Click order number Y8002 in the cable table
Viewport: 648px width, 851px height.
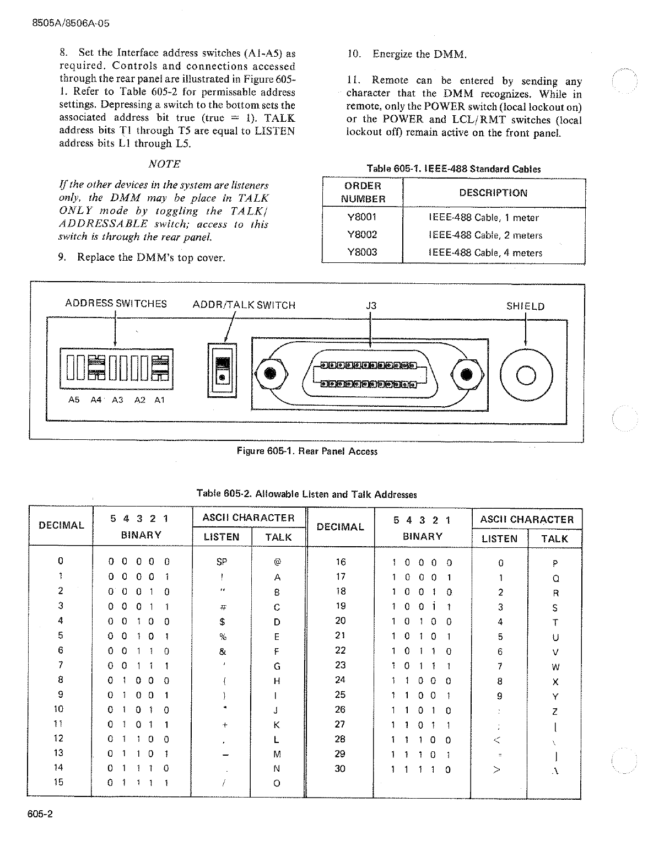[362, 235]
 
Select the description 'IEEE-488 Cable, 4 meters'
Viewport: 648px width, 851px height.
[485, 253]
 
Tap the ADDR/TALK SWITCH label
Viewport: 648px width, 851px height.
[244, 305]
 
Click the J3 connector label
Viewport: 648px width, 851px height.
[371, 306]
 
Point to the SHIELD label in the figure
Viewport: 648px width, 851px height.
[525, 306]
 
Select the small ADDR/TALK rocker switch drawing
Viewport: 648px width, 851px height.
[222, 369]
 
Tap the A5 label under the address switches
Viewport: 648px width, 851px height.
[74, 400]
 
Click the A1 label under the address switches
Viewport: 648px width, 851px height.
[159, 400]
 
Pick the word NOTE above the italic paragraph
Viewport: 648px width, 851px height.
[164, 164]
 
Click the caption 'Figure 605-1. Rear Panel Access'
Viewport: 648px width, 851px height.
[307, 451]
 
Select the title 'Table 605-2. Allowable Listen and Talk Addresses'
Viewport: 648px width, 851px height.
[306, 494]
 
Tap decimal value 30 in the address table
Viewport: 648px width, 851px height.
[340, 768]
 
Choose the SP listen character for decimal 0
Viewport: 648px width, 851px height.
[222, 562]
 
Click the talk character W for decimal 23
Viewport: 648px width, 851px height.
[555, 667]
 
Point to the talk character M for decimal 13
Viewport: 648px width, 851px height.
[277, 754]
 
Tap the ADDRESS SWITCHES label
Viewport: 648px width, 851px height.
[116, 304]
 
